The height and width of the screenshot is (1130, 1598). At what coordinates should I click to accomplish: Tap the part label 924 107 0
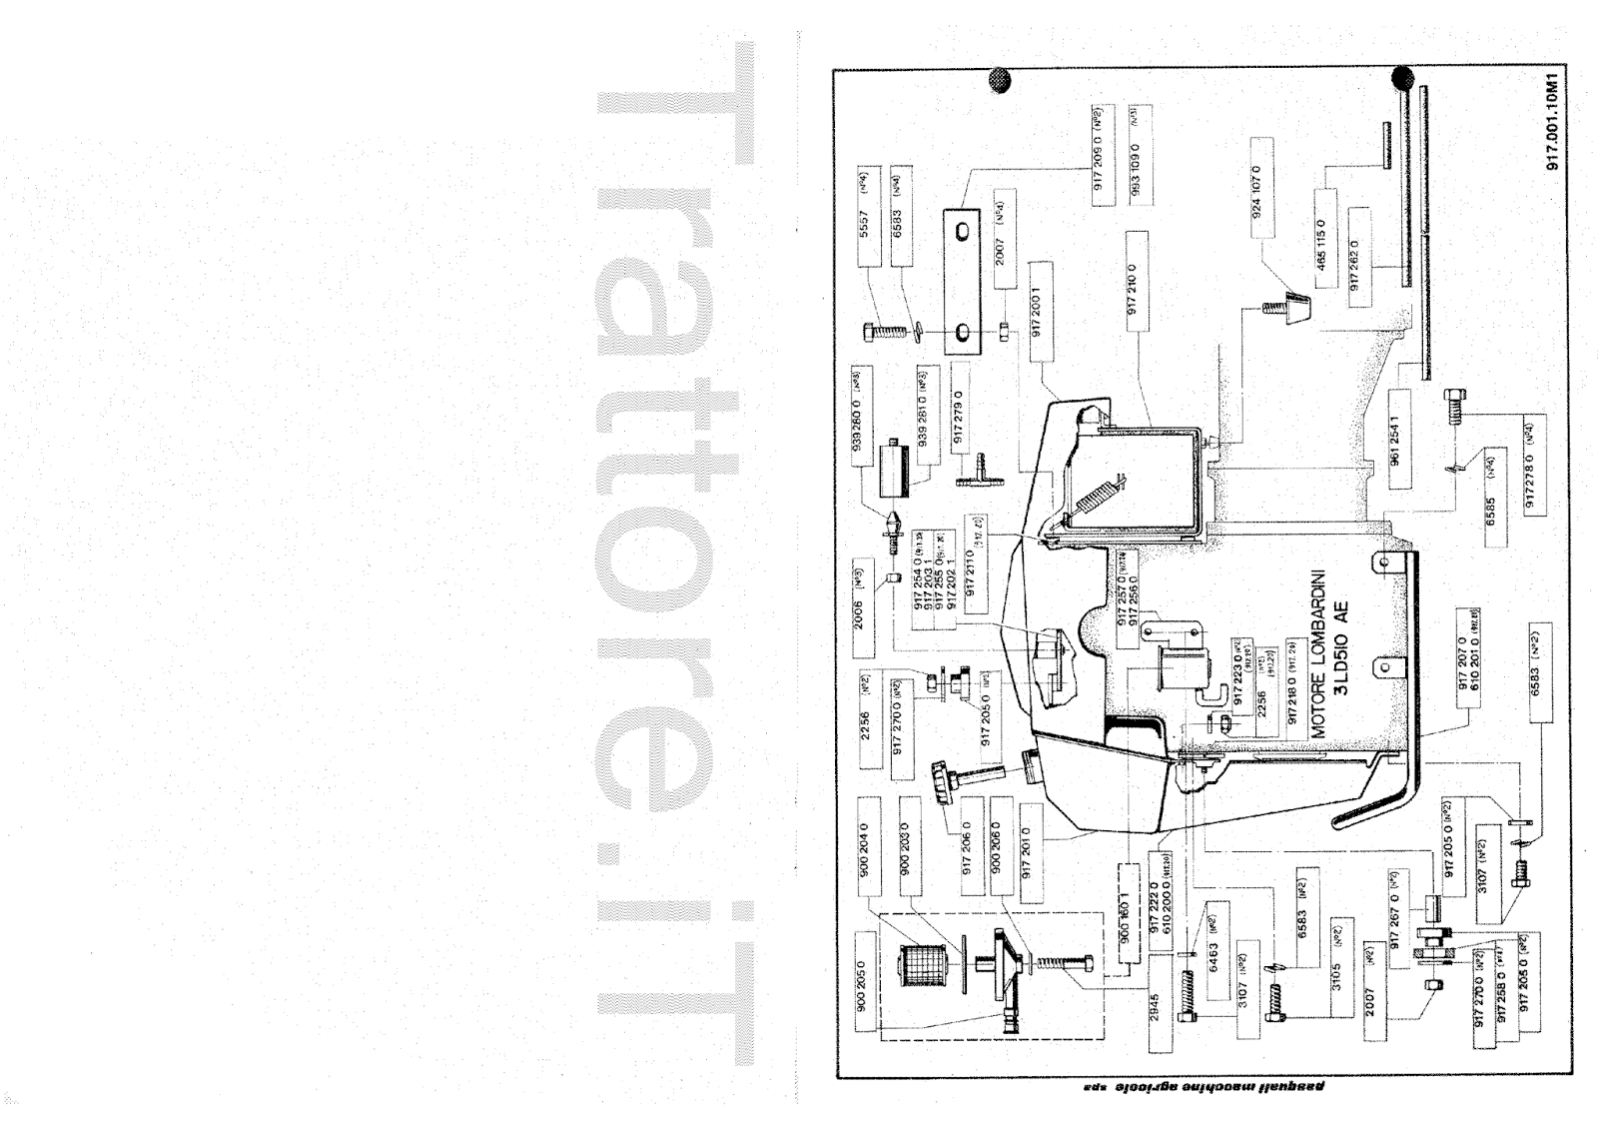tap(1257, 201)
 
